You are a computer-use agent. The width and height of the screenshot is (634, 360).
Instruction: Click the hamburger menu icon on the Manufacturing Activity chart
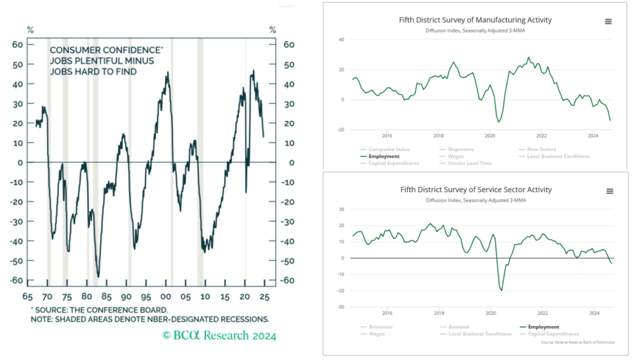608,21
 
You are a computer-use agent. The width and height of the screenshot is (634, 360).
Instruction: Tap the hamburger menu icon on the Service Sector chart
608,191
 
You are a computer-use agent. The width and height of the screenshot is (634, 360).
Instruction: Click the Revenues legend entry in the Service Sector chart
380,327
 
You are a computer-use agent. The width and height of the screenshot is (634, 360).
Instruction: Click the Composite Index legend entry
388,149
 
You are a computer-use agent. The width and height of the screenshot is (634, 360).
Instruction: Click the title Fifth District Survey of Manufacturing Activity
475,20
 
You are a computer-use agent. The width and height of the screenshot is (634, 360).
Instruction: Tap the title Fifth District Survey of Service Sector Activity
475,190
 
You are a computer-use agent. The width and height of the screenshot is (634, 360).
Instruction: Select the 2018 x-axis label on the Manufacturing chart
438,136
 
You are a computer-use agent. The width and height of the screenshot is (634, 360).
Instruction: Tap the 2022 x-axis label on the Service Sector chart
542,313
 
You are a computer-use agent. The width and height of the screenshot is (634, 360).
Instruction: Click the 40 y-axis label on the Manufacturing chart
341,39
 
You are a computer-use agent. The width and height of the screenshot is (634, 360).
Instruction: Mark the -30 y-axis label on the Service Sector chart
340,307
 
